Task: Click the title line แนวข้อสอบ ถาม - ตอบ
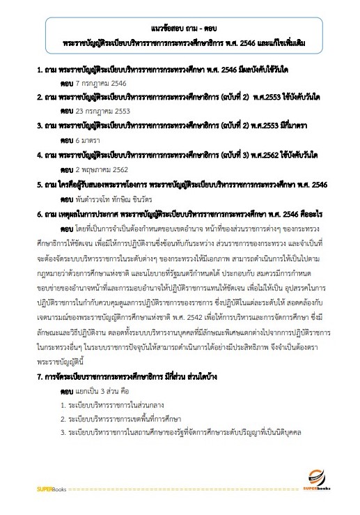[x=180, y=29]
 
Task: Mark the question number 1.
[x=39, y=71]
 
